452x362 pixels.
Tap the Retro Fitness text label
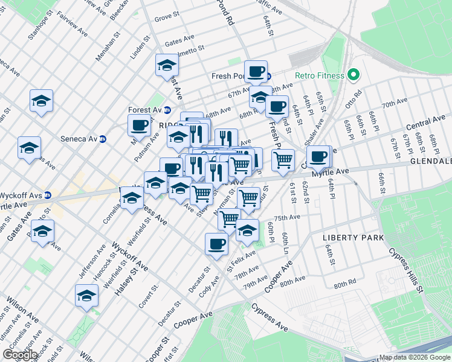320,76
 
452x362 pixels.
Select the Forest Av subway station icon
167,110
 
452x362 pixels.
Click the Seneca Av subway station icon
102,138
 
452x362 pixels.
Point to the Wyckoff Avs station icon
47,195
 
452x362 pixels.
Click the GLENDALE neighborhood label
431,162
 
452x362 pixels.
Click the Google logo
19,355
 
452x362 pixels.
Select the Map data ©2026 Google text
415,357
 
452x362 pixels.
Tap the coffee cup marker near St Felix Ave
216,244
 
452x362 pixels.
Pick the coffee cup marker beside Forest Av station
139,125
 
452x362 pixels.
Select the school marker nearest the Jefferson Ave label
86,296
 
